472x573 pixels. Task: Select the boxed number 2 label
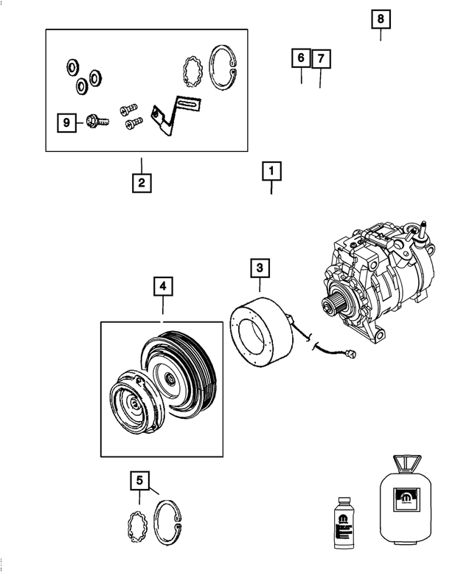tap(142, 182)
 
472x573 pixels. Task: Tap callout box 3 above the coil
tap(260, 268)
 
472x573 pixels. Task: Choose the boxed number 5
tap(139, 480)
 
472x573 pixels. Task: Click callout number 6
tap(300, 58)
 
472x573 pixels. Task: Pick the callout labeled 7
tap(321, 58)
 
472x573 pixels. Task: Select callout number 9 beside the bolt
tap(67, 122)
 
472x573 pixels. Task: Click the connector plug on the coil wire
tap(358, 357)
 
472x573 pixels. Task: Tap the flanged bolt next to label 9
tap(96, 120)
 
